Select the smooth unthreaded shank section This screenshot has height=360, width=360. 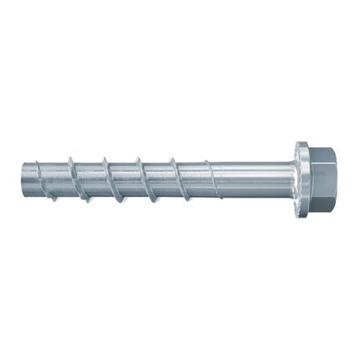(x=251, y=177)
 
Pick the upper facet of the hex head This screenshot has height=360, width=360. (x=323, y=156)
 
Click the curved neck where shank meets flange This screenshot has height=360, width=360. (x=290, y=177)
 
